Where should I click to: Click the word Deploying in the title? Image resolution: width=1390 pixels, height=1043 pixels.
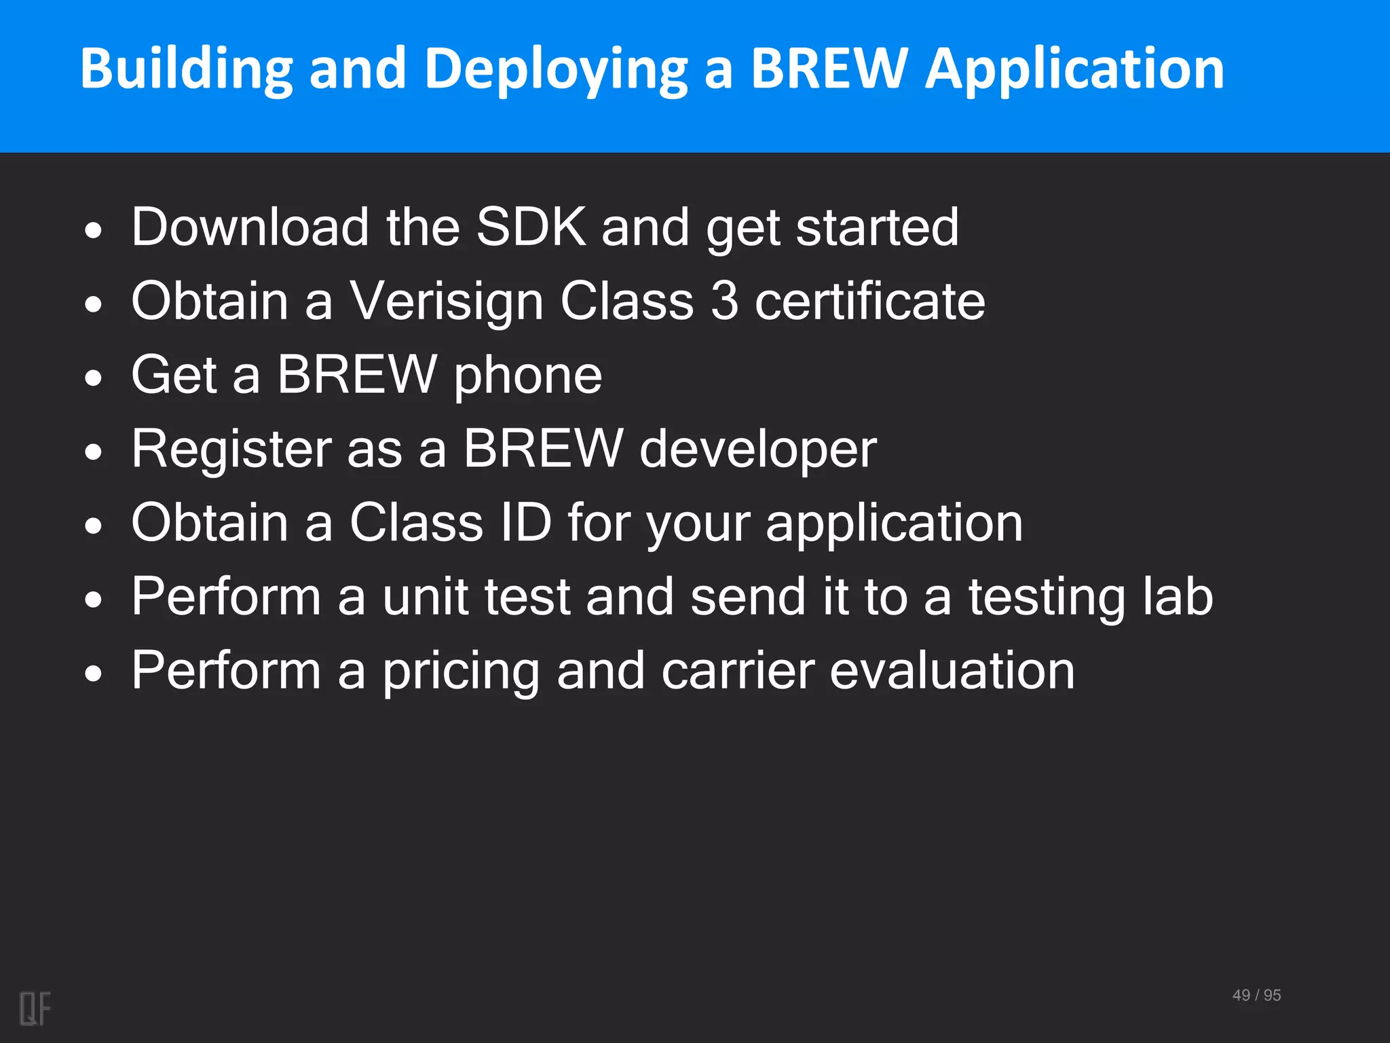[556, 69]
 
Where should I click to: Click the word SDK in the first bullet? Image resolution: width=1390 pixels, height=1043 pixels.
[531, 227]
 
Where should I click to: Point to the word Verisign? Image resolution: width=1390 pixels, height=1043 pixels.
[446, 301]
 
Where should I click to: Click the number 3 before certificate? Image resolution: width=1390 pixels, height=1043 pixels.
[724, 301]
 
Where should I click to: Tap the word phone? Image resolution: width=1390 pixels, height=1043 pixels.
[527, 376]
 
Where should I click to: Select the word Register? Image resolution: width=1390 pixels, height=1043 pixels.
[231, 450]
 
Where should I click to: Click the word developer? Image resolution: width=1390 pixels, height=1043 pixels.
[758, 450]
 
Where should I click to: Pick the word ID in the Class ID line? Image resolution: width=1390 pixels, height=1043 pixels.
[525, 523]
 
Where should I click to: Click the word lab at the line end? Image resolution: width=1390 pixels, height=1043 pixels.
[1178, 597]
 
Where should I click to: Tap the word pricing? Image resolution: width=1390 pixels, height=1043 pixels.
[461, 672]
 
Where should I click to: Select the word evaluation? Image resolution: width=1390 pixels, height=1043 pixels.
[952, 671]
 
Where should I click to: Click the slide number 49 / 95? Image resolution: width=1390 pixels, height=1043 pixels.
[1256, 995]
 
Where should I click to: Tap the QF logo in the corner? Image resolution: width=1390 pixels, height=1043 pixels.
[35, 1008]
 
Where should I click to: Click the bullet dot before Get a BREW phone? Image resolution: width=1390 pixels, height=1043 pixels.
[94, 378]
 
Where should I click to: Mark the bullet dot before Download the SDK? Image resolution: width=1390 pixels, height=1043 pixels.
[94, 230]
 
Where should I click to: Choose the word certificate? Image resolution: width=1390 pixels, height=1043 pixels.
[869, 301]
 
